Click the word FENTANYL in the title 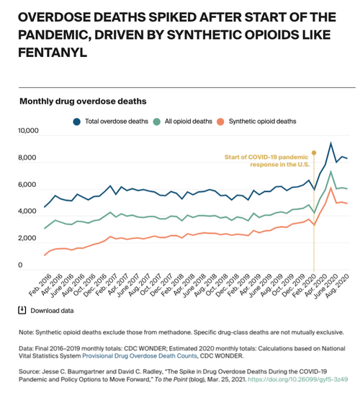click(53, 53)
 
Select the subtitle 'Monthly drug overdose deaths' click(83, 101)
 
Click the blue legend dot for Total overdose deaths click(76, 122)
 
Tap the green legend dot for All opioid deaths click(157, 122)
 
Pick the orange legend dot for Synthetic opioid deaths click(220, 122)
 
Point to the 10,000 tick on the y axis click(28, 131)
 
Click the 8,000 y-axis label click(27, 158)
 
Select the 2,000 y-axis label click(27, 238)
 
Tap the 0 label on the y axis click(20, 265)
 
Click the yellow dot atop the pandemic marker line click(314, 153)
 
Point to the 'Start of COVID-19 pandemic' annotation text click(266, 157)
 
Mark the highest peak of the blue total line click(330, 143)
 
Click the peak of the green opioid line click(330, 172)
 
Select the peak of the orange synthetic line click(330, 188)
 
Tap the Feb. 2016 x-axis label click(40, 285)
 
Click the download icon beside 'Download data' click(22, 310)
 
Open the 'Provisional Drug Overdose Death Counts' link click(140, 356)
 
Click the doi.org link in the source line click(298, 379)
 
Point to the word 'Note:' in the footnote click(26, 332)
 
